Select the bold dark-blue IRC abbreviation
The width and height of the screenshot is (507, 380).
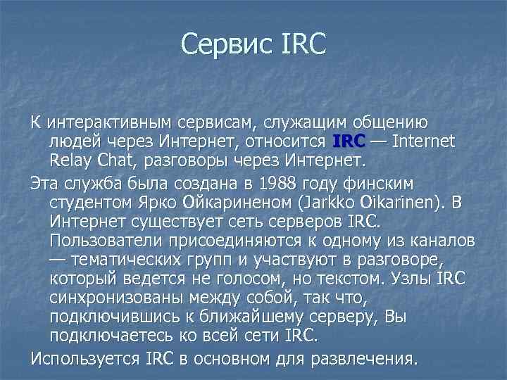[349, 142]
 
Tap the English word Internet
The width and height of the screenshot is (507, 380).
[425, 142]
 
